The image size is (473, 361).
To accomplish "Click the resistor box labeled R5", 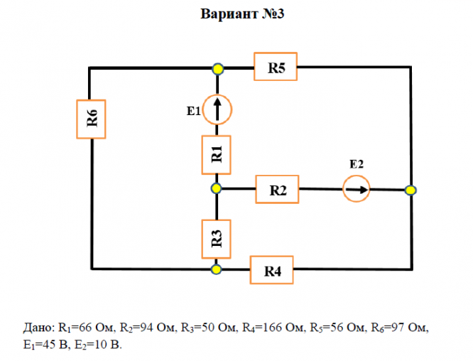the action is [x=276, y=67].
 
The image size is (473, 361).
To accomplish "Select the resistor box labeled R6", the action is [x=91, y=119].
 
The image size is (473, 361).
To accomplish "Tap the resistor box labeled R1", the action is [x=217, y=155].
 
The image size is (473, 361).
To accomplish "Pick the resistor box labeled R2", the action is [x=277, y=189].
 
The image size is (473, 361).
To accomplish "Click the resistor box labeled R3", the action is [x=217, y=239].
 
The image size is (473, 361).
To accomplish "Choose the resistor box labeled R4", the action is [x=271, y=270].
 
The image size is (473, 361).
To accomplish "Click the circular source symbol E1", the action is [x=217, y=109].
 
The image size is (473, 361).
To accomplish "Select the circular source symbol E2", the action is [x=357, y=189].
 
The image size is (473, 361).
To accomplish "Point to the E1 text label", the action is [x=194, y=111].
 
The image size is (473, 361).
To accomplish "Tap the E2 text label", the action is [x=357, y=164].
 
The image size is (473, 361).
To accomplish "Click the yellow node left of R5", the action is [x=217, y=69].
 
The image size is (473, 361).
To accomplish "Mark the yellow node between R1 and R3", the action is [x=217, y=188].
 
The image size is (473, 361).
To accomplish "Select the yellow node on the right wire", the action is [x=411, y=190].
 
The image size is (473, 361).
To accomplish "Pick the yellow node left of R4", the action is [x=216, y=269].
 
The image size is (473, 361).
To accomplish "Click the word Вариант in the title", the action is [x=229, y=14].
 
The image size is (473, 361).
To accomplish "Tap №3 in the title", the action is [x=273, y=14].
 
